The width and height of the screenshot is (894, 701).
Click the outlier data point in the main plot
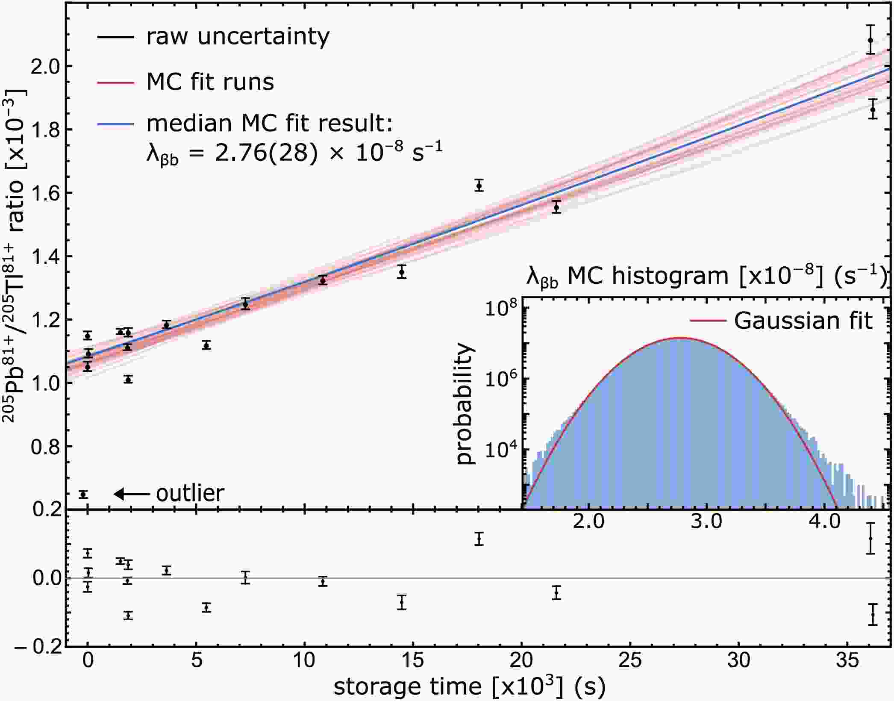click(83, 495)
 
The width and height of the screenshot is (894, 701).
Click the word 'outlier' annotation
click(190, 494)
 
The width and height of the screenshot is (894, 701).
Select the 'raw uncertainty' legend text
click(238, 37)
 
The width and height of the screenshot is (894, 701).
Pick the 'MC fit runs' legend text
click(210, 82)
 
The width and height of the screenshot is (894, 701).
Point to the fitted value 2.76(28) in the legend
click(266, 153)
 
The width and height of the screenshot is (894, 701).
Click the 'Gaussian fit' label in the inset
click(803, 321)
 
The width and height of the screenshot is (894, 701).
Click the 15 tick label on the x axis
click(413, 661)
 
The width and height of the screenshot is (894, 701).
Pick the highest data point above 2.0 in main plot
click(870, 41)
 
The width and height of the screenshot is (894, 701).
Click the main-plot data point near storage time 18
click(479, 186)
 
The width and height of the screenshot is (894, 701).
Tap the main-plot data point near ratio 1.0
click(128, 379)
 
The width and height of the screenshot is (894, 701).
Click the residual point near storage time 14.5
click(401, 602)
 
